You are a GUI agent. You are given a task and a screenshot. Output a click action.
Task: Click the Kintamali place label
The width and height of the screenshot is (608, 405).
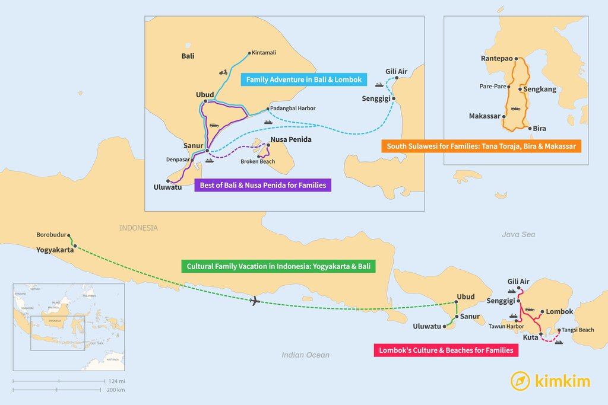pyautogui.click(x=264, y=53)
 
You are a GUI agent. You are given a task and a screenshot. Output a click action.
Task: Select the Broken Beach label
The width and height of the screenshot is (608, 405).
pyautogui.click(x=258, y=162)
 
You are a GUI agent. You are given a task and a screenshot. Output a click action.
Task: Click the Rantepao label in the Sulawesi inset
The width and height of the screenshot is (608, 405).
pyautogui.click(x=496, y=59)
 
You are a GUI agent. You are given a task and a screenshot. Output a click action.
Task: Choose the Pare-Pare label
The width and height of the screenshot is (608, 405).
pyautogui.click(x=493, y=87)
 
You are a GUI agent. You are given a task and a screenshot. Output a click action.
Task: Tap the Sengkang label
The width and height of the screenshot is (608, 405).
pyautogui.click(x=539, y=90)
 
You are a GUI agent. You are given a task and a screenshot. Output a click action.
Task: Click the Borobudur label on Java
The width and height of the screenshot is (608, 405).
pyautogui.click(x=51, y=234)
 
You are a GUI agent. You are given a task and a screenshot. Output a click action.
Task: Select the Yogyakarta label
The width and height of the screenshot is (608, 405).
pyautogui.click(x=55, y=250)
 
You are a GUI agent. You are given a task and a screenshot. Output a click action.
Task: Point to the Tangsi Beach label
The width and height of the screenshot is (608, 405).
pyautogui.click(x=577, y=330)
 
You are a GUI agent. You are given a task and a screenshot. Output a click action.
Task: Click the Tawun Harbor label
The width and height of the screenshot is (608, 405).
pyautogui.click(x=506, y=326)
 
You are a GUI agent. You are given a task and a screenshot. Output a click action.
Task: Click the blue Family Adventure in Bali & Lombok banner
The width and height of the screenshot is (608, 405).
pyautogui.click(x=303, y=79)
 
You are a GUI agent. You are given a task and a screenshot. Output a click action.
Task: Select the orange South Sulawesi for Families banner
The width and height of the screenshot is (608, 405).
pyautogui.click(x=480, y=146)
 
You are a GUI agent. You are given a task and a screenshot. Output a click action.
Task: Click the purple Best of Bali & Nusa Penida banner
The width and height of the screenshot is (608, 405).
pyautogui.click(x=263, y=185)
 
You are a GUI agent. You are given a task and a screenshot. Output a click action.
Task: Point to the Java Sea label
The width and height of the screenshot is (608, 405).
pyautogui.click(x=518, y=235)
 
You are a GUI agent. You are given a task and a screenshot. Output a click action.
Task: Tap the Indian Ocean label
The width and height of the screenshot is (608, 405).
pyautogui.click(x=305, y=355)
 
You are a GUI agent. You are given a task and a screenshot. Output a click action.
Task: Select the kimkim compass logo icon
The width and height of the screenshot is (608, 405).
pyautogui.click(x=520, y=381)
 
